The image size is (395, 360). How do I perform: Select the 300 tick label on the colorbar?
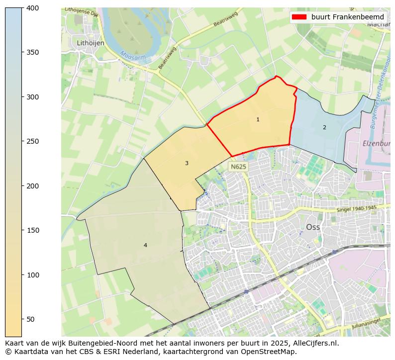pyautogui.click(x=32, y=97)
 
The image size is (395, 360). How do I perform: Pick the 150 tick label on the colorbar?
pyautogui.click(x=32, y=230)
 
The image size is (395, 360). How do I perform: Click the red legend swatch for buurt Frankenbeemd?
pyautogui.click(x=300, y=17)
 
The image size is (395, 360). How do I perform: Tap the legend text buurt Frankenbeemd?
pyautogui.click(x=348, y=17)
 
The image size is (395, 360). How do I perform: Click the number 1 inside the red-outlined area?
pyautogui.click(x=258, y=120)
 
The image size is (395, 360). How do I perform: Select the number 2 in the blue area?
pyautogui.click(x=324, y=128)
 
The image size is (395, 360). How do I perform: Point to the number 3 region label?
pyautogui.click(x=187, y=164)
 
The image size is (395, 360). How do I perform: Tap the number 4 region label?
pyautogui.click(x=145, y=246)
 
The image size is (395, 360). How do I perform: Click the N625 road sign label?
pyautogui.click(x=238, y=167)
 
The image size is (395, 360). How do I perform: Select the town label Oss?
pyautogui.click(x=313, y=227)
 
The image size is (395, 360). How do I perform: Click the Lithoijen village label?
pyautogui.click(x=91, y=43)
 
